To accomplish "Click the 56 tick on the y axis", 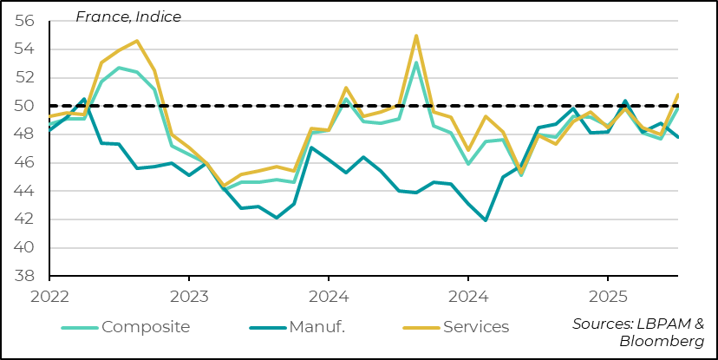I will point(24,21).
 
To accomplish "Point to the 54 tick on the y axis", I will point(24,49).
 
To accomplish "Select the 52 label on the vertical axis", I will point(24,78).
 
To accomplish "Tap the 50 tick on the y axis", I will point(24,106).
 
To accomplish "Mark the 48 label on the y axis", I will point(24,134).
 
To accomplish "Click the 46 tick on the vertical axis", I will point(24,163).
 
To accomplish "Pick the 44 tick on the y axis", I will point(24,191).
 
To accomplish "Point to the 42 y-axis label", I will point(24,219).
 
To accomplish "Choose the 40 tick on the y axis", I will point(24,248).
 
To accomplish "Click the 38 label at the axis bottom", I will point(24,276).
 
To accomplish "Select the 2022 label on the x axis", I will point(49,296).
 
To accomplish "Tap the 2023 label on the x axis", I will point(189,296).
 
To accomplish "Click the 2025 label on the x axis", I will point(607,296).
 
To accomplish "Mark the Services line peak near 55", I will point(416,36).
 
